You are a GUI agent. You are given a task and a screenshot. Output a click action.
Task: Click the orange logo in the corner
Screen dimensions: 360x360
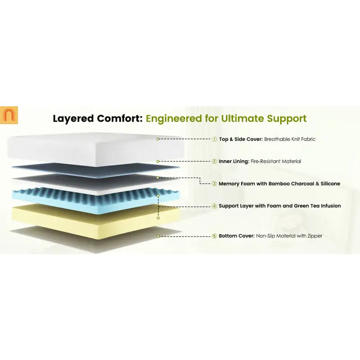point(9,115)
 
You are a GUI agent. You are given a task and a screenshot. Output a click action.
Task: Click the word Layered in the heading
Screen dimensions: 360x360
point(73,119)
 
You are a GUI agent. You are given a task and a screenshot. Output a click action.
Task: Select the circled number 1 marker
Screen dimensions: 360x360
point(214,139)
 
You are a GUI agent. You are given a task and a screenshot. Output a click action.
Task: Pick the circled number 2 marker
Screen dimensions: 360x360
point(214,162)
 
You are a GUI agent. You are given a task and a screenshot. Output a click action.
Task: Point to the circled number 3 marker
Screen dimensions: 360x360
point(214,184)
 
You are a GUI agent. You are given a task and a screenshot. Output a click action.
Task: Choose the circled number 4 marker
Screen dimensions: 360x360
point(214,206)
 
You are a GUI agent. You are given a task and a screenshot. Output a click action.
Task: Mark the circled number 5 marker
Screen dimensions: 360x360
point(214,236)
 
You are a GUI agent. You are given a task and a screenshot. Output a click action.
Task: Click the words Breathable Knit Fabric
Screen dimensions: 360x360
point(290,139)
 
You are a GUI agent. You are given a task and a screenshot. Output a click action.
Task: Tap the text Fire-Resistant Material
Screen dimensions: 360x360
point(276,162)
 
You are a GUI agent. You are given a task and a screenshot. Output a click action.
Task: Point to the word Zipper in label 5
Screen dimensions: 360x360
point(315,236)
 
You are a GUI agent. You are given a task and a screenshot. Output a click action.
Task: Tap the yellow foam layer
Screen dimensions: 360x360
point(95,221)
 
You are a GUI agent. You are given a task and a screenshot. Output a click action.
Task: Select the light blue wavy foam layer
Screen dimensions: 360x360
point(95,200)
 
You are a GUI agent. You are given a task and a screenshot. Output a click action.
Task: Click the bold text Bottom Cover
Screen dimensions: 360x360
point(237,236)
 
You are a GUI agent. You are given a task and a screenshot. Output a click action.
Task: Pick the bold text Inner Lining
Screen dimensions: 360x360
point(234,162)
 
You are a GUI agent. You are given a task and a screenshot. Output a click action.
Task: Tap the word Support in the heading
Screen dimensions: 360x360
point(287,119)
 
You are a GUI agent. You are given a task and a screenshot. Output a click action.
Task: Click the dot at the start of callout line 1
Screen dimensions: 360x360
point(158,139)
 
